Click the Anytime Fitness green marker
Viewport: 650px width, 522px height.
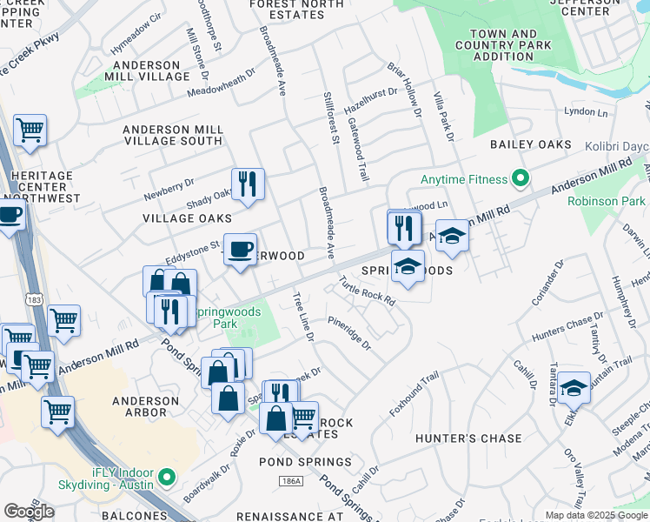521,179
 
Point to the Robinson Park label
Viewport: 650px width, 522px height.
606,201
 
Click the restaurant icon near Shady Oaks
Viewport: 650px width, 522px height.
248,184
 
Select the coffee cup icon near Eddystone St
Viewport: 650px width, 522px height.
241,249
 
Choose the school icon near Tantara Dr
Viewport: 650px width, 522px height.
574,387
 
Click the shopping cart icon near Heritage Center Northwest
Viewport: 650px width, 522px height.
30,130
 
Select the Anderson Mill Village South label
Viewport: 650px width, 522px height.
173,135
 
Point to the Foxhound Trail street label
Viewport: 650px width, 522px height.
415,394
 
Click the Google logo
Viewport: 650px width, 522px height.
29,511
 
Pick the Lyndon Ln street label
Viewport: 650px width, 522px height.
585,112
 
